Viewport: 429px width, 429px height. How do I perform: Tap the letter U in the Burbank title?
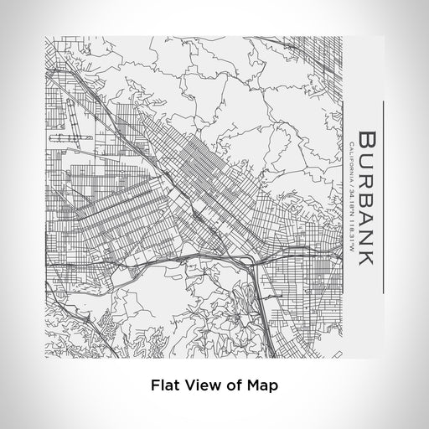[368, 162]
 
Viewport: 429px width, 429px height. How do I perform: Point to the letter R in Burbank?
[368, 182]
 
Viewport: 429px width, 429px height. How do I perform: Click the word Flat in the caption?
[164, 386]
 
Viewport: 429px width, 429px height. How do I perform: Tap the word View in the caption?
[196, 386]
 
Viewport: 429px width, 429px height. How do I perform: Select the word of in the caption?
[225, 386]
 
